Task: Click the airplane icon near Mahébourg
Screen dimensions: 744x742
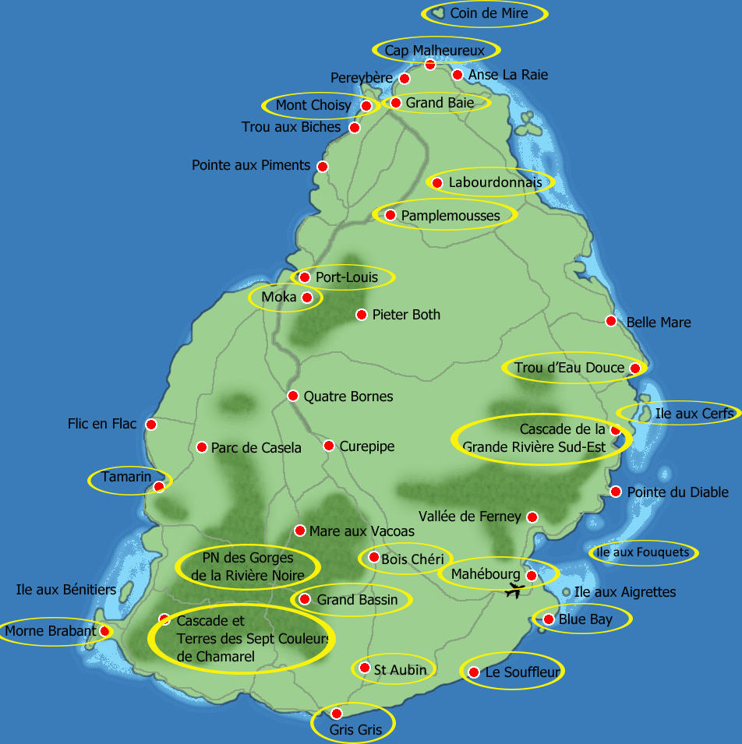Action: [x=513, y=591]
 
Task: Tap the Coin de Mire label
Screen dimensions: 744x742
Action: [x=489, y=13]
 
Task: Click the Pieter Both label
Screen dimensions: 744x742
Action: [x=406, y=315]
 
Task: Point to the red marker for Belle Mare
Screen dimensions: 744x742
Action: [x=611, y=321]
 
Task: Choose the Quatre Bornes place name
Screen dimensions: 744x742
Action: [x=348, y=397]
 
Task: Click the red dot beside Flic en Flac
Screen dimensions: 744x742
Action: [x=151, y=425]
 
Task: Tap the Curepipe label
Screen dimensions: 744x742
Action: [x=367, y=446]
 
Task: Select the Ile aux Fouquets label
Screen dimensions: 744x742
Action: [x=642, y=552]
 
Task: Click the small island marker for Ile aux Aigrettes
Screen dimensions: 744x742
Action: [x=567, y=592]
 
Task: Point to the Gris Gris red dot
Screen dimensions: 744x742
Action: [x=337, y=713]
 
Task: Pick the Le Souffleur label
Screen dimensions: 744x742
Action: [x=522, y=672]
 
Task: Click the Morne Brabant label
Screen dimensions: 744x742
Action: [x=51, y=631]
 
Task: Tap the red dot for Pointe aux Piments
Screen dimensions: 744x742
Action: [x=322, y=166]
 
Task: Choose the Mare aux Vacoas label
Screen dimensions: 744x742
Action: [x=362, y=531]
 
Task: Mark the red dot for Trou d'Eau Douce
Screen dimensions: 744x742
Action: [x=635, y=368]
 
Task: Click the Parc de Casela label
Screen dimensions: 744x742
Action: [x=256, y=448]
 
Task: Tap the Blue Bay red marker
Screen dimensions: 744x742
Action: [x=548, y=619]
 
